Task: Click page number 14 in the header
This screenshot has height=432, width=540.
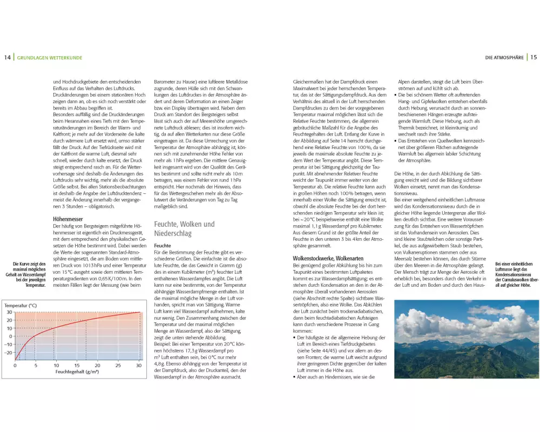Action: [7, 57]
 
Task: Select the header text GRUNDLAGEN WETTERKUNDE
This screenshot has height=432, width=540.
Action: [49, 57]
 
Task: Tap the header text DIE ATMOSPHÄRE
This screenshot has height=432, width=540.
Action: [504, 57]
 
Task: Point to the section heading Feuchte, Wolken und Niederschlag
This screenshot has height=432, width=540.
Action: [185, 229]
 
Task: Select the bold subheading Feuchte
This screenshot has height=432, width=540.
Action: [163, 245]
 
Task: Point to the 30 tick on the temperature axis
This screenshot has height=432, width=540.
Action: [9, 312]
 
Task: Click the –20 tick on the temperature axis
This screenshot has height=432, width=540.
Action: [8, 353]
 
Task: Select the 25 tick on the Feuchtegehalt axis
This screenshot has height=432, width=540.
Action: [118, 366]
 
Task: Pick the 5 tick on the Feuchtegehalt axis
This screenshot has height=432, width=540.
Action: [36, 366]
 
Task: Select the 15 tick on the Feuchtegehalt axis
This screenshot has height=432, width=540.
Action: [76, 366]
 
